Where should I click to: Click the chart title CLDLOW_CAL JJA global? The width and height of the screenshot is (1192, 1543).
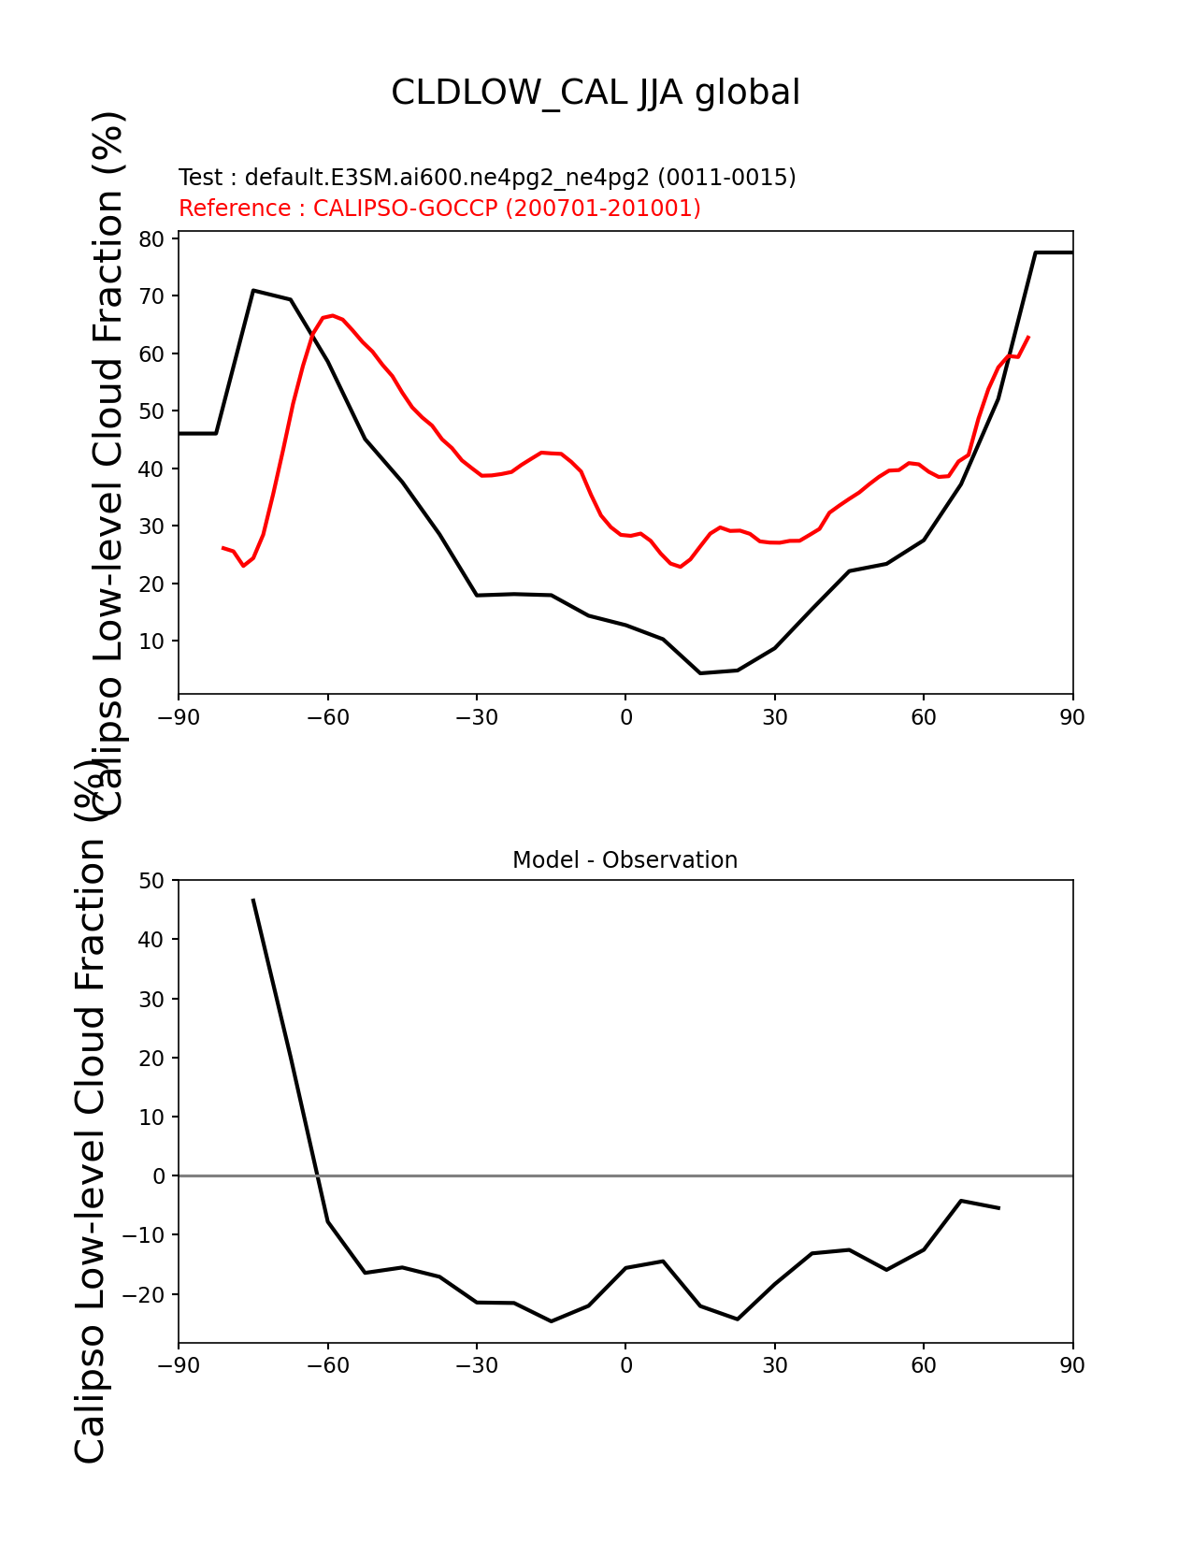596,93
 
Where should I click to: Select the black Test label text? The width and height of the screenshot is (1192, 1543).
487,178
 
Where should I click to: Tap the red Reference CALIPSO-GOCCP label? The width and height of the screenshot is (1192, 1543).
439,209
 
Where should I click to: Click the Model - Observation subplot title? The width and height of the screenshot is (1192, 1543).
625,860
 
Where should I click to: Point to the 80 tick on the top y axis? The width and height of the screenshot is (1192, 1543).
151,239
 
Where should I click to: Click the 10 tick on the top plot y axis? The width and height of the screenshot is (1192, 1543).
151,642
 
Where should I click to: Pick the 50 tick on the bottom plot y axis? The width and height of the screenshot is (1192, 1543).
151,881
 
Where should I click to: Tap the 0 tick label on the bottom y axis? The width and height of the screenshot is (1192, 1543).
158,1176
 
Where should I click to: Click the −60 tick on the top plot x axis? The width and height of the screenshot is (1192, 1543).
327,717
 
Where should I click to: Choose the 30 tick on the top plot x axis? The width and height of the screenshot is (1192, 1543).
774,717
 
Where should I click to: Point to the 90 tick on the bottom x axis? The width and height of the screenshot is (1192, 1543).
1072,1366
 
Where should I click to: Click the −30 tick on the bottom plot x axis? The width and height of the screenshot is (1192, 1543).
476,1366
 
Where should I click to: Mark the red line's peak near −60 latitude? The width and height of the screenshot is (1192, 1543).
332,316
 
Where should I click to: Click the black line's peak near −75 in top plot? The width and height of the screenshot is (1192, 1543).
253,291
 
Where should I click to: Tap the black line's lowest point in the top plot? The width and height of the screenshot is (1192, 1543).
700,672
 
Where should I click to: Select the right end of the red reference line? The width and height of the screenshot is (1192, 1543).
1028,337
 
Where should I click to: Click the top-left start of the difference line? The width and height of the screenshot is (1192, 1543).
253,900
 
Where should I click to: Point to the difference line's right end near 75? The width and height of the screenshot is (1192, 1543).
998,1208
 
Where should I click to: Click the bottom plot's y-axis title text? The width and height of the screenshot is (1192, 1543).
91,1113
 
